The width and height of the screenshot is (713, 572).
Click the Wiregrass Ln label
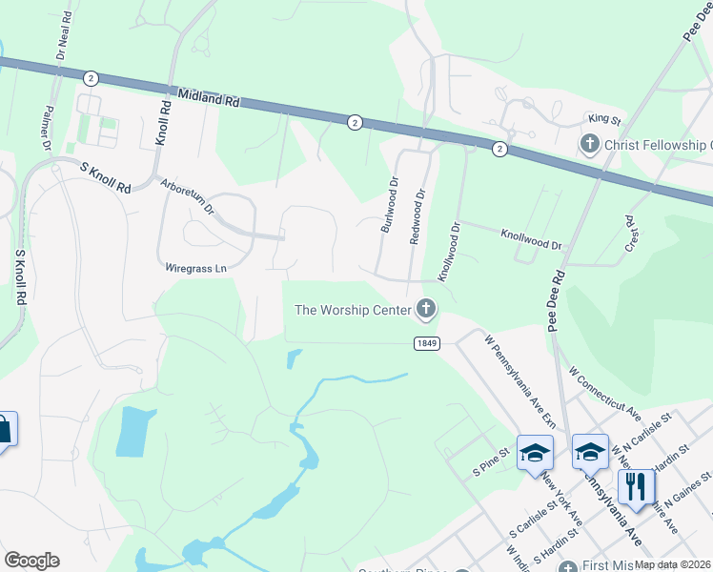(x=195, y=269)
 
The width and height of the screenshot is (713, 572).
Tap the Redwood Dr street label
(x=416, y=216)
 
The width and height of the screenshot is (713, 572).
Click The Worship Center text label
(x=352, y=309)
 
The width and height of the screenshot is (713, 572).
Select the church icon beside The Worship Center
(x=425, y=309)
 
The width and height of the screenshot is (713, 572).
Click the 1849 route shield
(x=426, y=343)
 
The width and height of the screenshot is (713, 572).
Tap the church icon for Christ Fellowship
(x=589, y=145)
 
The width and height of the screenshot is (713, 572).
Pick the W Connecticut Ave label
(x=602, y=393)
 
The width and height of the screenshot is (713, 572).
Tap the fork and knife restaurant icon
(x=635, y=487)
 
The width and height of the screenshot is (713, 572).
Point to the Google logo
(x=31, y=561)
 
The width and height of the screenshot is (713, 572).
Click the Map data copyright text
(x=673, y=564)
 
